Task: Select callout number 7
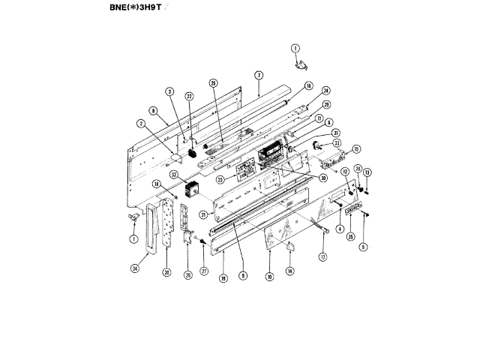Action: (x=258, y=75)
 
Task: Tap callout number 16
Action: (x=308, y=85)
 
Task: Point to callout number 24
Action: (x=326, y=91)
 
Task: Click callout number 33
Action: (x=337, y=142)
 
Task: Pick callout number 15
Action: (x=357, y=148)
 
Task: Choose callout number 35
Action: (x=350, y=236)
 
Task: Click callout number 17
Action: (x=323, y=257)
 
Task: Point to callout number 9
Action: (x=243, y=275)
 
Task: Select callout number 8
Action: (x=154, y=110)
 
